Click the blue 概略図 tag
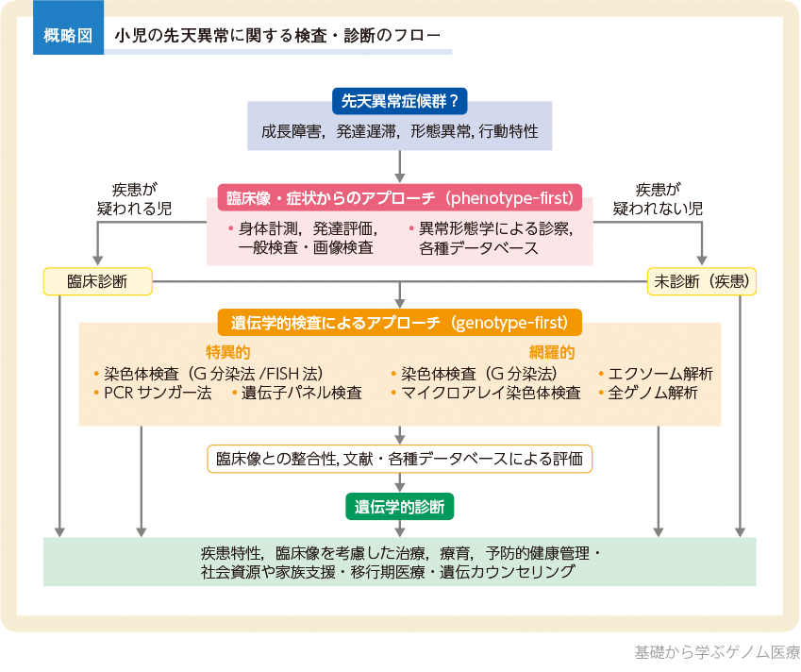click(x=68, y=37)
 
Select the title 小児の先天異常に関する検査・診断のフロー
click(x=277, y=37)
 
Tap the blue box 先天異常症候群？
click(x=401, y=99)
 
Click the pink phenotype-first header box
click(x=400, y=198)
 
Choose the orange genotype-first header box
click(x=400, y=323)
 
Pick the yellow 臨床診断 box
click(x=97, y=281)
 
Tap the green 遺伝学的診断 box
click(x=400, y=506)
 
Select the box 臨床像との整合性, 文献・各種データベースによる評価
click(x=400, y=460)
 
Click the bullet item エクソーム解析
click(x=660, y=373)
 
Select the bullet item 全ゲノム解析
click(x=654, y=393)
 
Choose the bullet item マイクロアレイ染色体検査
click(x=491, y=393)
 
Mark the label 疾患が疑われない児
click(x=669, y=198)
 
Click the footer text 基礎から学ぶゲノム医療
click(x=717, y=652)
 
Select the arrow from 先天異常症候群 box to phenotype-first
click(x=401, y=165)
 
